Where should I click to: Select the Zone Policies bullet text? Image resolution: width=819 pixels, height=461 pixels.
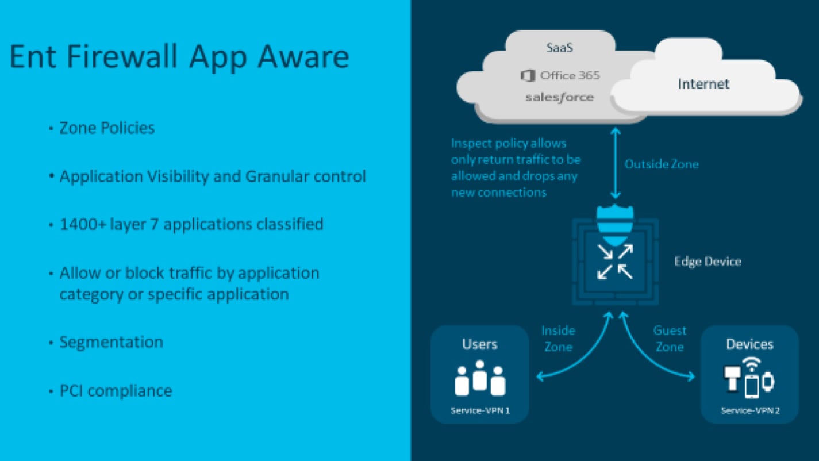pos(107,128)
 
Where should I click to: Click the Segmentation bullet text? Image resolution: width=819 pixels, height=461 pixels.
pos(111,343)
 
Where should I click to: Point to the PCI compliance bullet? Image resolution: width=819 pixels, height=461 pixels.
pos(116,391)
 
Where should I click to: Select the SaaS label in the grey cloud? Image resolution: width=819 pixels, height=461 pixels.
pos(559,48)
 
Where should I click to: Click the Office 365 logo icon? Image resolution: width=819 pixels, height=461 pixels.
pos(528,76)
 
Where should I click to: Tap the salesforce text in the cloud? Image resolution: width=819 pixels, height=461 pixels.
pos(559,97)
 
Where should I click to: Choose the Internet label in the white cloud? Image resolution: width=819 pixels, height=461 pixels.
pos(704,84)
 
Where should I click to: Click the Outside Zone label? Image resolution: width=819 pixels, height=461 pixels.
pos(662,164)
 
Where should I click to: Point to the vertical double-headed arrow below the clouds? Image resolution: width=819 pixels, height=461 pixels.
pos(616,163)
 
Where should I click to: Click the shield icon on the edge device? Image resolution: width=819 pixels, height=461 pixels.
pos(615,225)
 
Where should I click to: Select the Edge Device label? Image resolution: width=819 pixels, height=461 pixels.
pos(708,262)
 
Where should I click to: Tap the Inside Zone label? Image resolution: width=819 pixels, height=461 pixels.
pos(558,339)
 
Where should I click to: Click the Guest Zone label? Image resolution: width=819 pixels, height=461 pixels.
pos(670,339)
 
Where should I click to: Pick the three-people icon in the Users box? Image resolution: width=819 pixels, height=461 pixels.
pos(480,378)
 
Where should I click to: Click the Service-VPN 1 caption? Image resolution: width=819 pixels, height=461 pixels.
pos(480,410)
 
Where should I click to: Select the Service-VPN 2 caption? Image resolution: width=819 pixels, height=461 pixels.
pos(750,410)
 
